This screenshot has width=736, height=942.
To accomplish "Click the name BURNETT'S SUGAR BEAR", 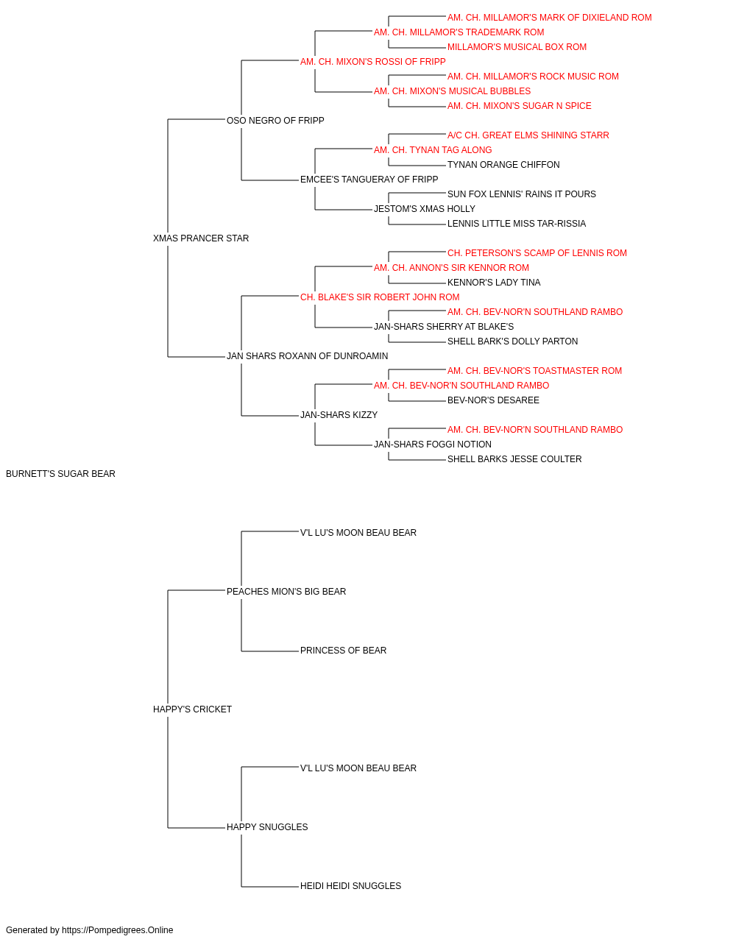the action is click(60, 474).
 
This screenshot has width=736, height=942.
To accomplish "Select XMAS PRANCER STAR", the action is click(201, 238).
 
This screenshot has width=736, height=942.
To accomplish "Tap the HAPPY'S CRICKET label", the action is click(192, 709).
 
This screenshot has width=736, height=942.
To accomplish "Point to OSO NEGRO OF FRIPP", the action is click(275, 121).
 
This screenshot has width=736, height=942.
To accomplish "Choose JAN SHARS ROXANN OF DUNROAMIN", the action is click(308, 356).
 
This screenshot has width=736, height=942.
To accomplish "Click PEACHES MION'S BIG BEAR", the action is click(286, 591).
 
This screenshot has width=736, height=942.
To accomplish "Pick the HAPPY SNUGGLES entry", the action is click(267, 826).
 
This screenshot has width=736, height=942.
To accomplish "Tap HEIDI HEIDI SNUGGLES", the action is click(350, 885).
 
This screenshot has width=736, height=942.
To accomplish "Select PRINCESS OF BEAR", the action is click(343, 651).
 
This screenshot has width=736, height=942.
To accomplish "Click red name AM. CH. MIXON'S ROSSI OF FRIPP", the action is click(372, 62).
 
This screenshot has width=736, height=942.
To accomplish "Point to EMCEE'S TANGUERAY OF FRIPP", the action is click(369, 180).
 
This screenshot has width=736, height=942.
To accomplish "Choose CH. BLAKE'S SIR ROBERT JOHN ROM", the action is click(380, 297).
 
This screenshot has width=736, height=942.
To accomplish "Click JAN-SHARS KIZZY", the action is click(339, 415).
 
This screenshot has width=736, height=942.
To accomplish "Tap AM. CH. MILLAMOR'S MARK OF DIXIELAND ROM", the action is click(549, 18).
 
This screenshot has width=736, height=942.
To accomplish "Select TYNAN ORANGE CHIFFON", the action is click(503, 165).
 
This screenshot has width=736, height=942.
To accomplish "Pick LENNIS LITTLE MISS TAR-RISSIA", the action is click(516, 224).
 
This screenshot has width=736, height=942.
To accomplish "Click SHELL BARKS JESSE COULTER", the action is click(514, 459).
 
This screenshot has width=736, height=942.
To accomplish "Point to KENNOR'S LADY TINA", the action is click(494, 282).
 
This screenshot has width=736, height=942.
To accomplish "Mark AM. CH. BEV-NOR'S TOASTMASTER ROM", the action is click(534, 371).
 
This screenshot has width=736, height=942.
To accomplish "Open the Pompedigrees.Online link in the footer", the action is click(118, 930).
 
